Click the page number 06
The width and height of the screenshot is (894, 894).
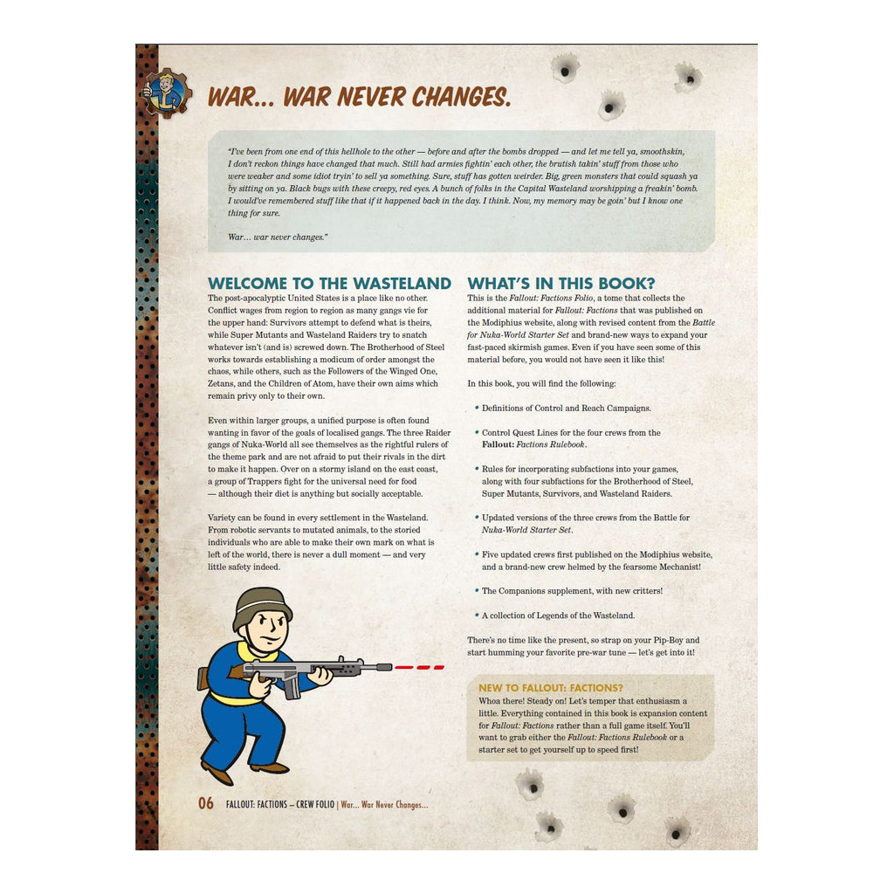pyautogui.click(x=206, y=804)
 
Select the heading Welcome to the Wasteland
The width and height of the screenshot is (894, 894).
pyautogui.click(x=329, y=284)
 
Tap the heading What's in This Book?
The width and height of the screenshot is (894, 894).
pyautogui.click(x=560, y=284)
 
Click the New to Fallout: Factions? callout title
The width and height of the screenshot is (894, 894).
pyautogui.click(x=550, y=688)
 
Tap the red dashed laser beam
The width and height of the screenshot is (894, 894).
pyautogui.click(x=419, y=668)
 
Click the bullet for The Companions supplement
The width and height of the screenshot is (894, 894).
pyautogui.click(x=477, y=591)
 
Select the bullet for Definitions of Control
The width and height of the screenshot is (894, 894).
pyautogui.click(x=477, y=408)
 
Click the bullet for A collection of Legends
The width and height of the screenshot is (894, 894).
pyautogui.click(x=477, y=615)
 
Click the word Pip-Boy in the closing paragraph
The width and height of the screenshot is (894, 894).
pyautogui.click(x=665, y=640)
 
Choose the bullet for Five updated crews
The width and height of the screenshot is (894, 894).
pyautogui.click(x=477, y=554)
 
